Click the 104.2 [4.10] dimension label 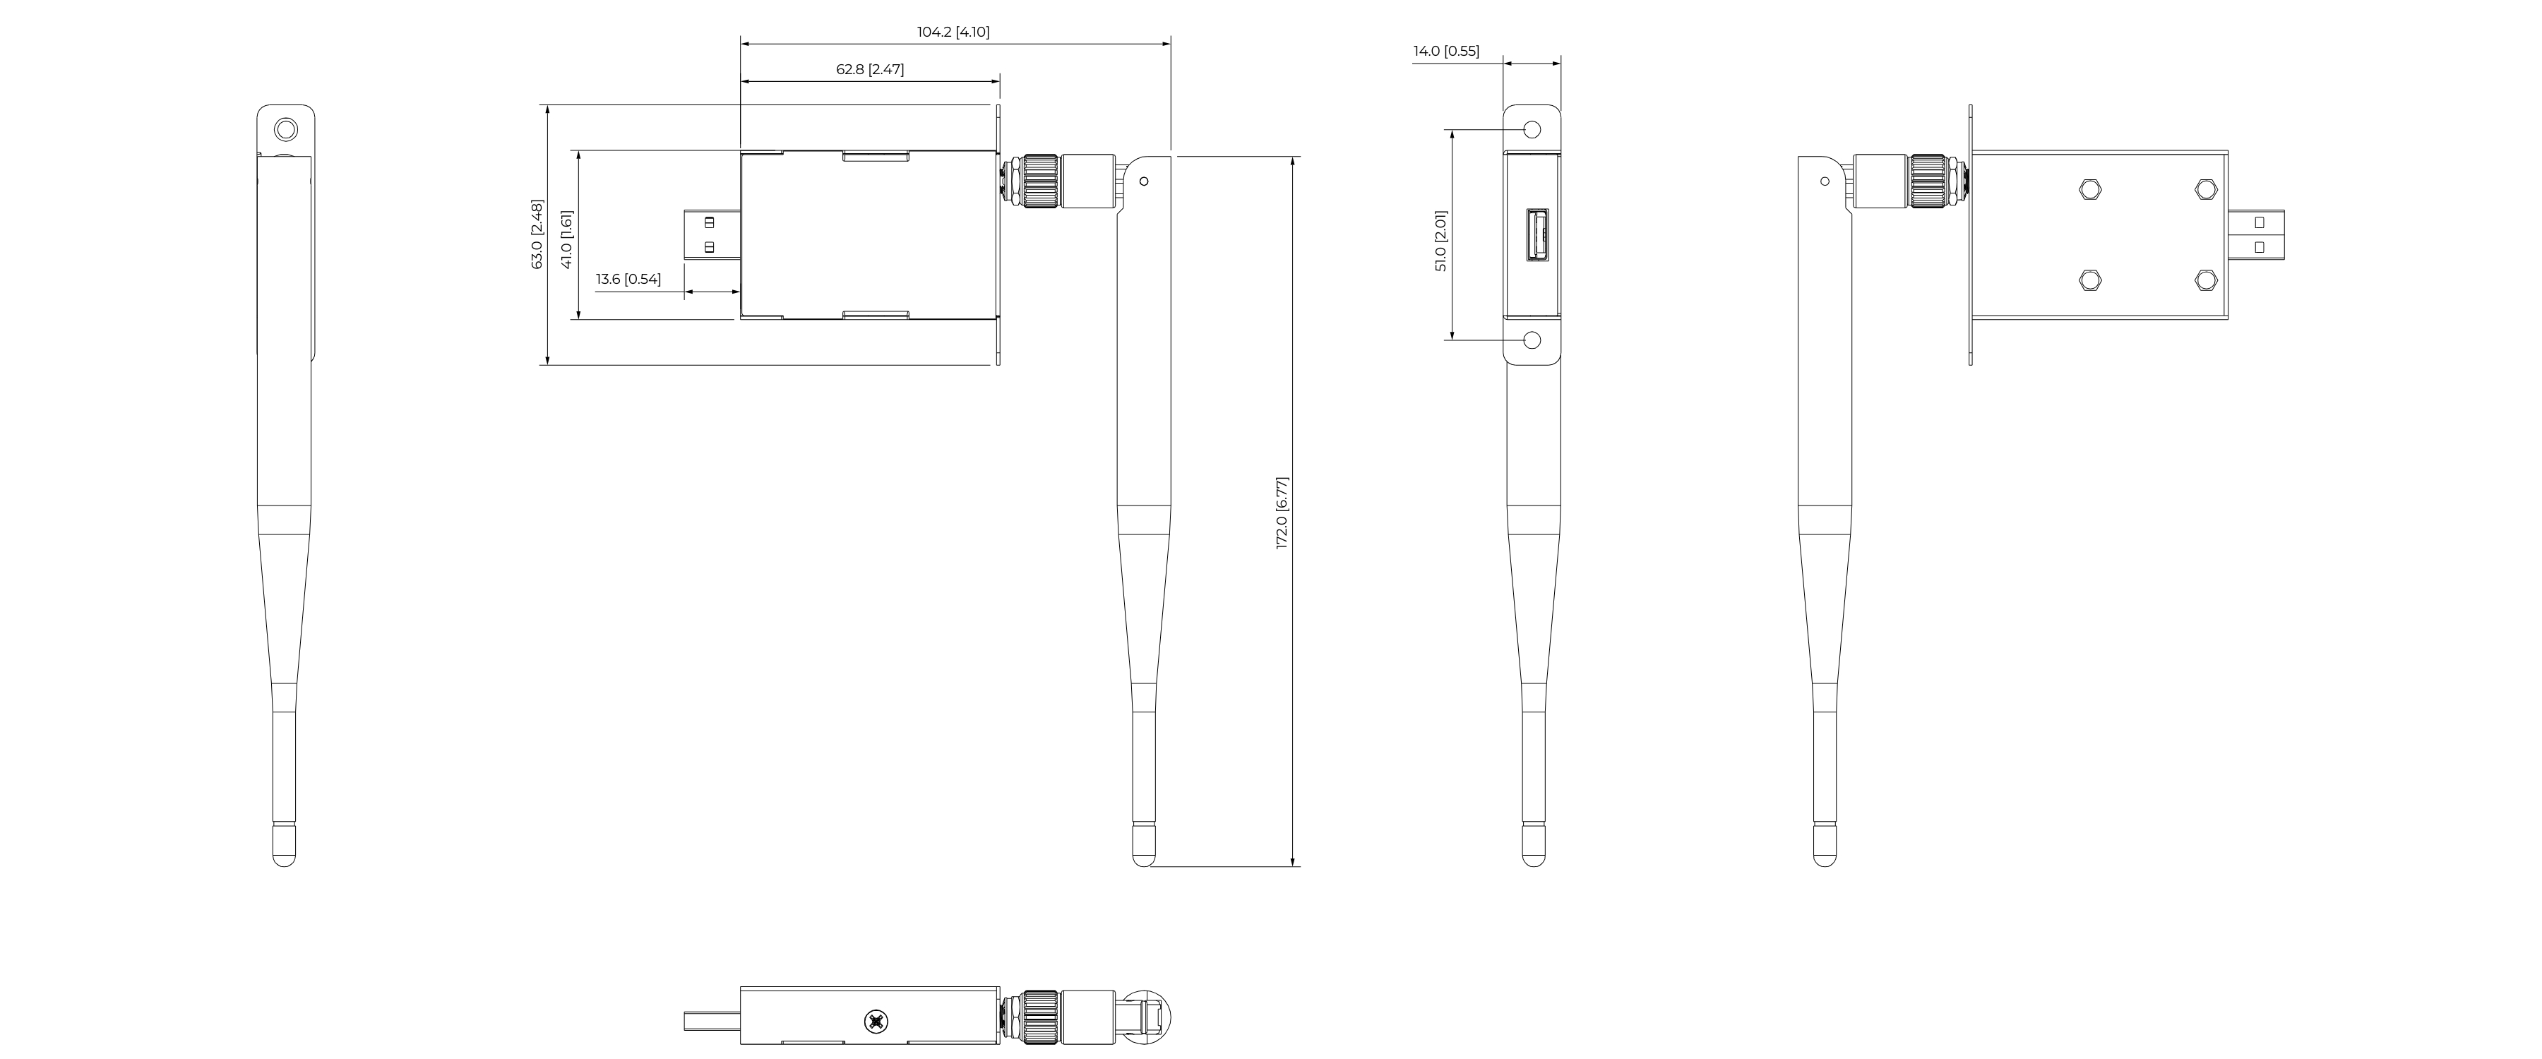[953, 32]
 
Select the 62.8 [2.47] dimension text [869, 69]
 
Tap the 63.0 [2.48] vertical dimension [537, 234]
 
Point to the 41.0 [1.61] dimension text [566, 239]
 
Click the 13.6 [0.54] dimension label [628, 280]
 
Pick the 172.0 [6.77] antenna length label [1282, 513]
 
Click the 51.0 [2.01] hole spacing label [1440, 241]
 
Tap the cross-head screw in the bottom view [874, 1022]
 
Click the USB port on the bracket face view [1536, 236]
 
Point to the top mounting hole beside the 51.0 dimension [1532, 129]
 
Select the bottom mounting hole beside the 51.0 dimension [1532, 340]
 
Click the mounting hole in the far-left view [285, 129]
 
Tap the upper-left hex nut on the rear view [2089, 189]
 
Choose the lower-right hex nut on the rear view [2205, 280]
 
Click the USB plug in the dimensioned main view [712, 236]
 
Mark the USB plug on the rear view [2256, 236]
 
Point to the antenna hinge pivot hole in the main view [1145, 181]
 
